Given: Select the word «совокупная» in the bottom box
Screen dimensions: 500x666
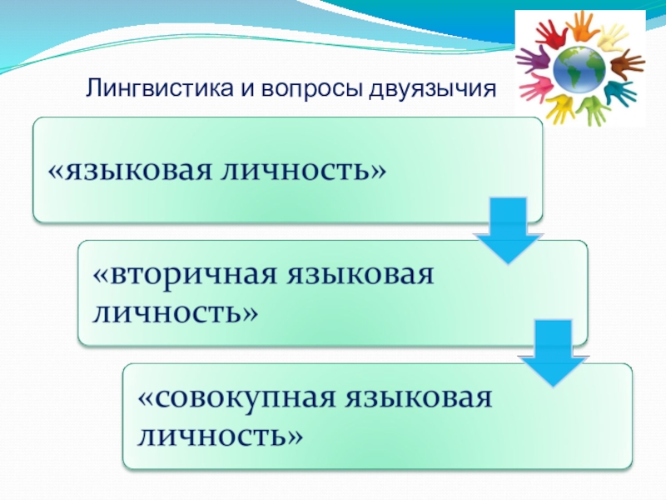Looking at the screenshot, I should pyautogui.click(x=232, y=398).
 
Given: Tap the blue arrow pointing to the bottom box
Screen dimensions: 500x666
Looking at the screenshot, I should pyautogui.click(x=548, y=353).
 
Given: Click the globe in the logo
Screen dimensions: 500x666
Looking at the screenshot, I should pyautogui.click(x=579, y=68).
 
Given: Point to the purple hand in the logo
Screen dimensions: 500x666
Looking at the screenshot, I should pyautogui.click(x=533, y=60).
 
